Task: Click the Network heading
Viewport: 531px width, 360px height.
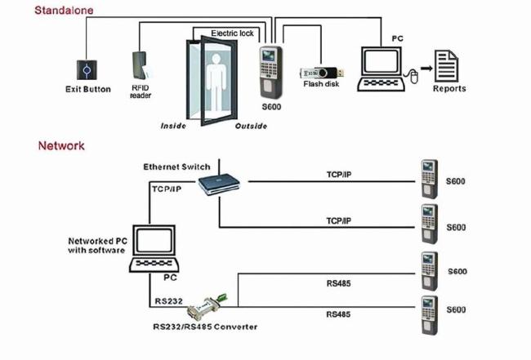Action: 61,146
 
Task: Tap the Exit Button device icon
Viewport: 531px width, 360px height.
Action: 87,69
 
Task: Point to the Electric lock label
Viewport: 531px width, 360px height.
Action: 233,33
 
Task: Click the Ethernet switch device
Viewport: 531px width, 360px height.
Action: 221,180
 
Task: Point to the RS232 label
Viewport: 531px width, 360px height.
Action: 168,300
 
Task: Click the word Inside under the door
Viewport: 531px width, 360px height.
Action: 174,127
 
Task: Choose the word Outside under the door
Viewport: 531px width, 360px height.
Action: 252,127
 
